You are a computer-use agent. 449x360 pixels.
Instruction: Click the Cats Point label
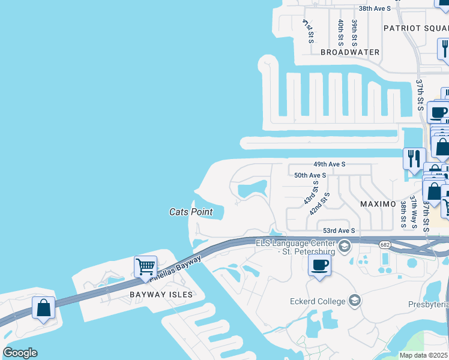pos(191,212)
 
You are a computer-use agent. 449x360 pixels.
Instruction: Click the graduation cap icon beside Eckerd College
pos(354,300)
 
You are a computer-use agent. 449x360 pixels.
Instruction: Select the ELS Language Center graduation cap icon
pos(344,246)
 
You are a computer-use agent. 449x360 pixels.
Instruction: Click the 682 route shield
pos(385,244)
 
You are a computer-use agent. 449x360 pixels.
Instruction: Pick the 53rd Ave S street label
pos(339,230)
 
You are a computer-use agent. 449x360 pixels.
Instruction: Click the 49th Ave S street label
pos(330,164)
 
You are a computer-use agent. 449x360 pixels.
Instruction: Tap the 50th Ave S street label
pos(310,175)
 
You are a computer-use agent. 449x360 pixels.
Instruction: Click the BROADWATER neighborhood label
pos(350,52)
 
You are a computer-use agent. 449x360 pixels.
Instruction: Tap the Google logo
pos(20,353)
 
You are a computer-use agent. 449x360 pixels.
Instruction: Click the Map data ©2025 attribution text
pos(424,355)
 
